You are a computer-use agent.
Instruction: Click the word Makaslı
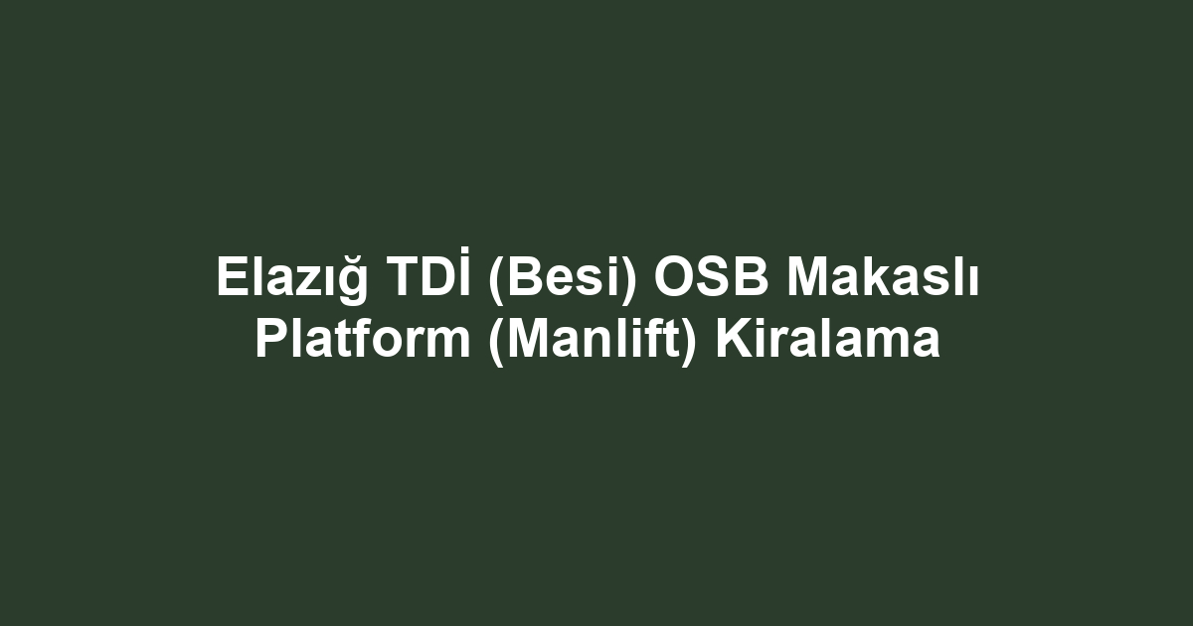click(883, 277)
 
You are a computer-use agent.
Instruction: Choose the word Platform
click(363, 339)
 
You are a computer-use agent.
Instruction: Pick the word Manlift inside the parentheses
click(593, 339)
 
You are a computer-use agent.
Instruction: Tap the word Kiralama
click(828, 339)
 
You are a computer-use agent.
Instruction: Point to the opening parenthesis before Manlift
click(496, 342)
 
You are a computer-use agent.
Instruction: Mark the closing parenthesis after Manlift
click(688, 342)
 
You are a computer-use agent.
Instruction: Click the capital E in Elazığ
click(233, 277)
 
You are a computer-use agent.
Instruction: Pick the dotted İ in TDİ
click(465, 271)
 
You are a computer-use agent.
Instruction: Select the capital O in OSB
click(675, 277)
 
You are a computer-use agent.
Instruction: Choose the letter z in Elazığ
click(308, 281)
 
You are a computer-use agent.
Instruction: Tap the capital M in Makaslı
click(808, 277)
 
